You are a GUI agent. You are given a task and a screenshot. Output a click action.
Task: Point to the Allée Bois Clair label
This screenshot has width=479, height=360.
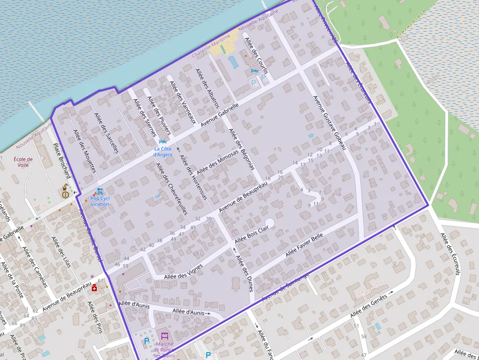(x=252, y=236)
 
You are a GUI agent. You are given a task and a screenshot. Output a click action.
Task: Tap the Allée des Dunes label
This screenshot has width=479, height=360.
(x=244, y=273)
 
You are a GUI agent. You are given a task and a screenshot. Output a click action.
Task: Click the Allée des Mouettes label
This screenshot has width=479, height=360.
(x=84, y=151)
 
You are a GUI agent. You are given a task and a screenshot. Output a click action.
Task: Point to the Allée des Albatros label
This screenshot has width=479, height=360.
(x=207, y=88)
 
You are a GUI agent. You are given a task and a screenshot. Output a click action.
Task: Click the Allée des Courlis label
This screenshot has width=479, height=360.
(x=256, y=56)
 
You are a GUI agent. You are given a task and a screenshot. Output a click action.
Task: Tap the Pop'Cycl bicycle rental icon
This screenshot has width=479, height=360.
(x=100, y=191)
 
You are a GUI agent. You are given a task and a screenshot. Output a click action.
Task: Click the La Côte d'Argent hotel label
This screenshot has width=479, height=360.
(x=163, y=151)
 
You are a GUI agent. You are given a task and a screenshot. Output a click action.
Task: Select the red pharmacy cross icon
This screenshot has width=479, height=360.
(x=94, y=288)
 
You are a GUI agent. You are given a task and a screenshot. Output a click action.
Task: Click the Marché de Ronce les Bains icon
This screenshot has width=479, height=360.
(x=164, y=336)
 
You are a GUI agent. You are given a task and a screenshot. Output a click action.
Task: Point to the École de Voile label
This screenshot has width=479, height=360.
(x=23, y=162)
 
